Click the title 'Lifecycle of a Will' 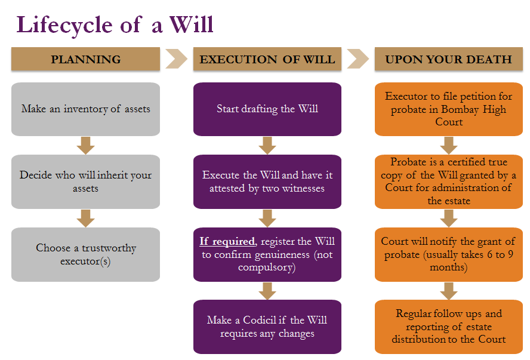click(x=115, y=24)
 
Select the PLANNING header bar click(x=85, y=59)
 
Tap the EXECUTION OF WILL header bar click(x=267, y=59)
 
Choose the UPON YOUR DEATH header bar click(x=448, y=59)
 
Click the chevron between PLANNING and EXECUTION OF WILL click(x=177, y=59)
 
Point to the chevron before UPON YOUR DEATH click(x=358, y=59)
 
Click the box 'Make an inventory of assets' click(x=85, y=109)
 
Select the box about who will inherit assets click(x=85, y=181)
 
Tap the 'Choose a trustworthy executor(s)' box click(x=85, y=254)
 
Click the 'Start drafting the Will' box click(x=267, y=109)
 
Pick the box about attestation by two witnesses click(x=267, y=181)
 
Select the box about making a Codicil click(x=267, y=327)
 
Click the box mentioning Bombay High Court click(x=448, y=109)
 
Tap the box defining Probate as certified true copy click(x=448, y=181)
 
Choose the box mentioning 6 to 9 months click(x=448, y=254)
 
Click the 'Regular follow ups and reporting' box click(x=448, y=327)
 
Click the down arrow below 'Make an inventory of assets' click(x=86, y=145)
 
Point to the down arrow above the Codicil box click(x=267, y=291)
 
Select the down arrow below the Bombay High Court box click(x=449, y=145)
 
